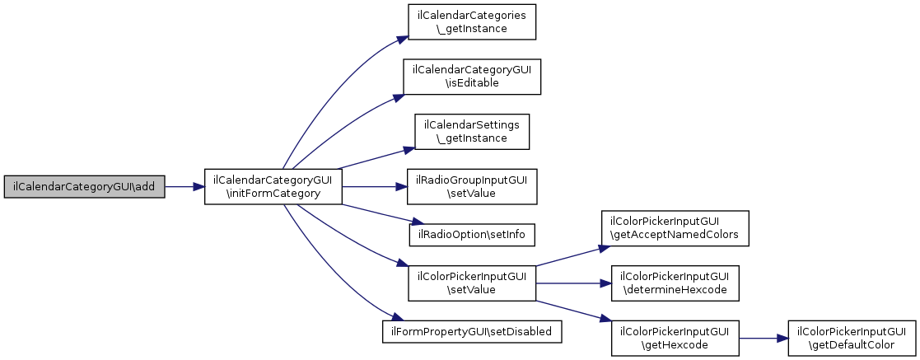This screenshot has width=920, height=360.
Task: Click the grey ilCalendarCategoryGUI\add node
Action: tap(84, 187)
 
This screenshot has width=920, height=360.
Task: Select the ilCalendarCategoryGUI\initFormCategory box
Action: tap(273, 187)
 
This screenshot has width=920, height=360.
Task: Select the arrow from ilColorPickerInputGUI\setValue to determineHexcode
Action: tap(572, 282)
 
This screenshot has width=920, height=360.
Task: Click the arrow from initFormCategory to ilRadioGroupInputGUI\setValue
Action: tap(375, 187)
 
